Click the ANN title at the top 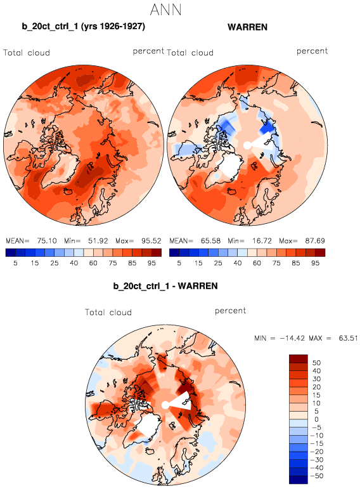[x=165, y=10]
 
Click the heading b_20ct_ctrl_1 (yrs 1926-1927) [x=83, y=27]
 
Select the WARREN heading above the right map [x=247, y=27]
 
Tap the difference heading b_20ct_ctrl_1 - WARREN [x=165, y=286]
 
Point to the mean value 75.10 [x=47, y=241]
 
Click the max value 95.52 [x=151, y=241]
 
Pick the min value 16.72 [x=262, y=241]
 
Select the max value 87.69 [x=315, y=241]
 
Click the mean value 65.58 [x=210, y=241]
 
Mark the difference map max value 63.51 [x=348, y=338]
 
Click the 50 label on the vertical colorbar [x=316, y=363]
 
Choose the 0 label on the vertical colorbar [x=316, y=419]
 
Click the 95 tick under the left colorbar [x=151, y=263]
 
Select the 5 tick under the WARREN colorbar [x=179, y=263]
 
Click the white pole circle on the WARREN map [x=247, y=145]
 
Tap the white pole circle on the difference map [x=165, y=405]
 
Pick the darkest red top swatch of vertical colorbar [x=299, y=358]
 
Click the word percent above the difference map [x=230, y=311]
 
